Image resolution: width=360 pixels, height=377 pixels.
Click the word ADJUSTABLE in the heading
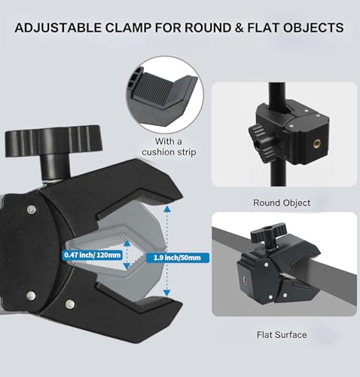tap(58, 28)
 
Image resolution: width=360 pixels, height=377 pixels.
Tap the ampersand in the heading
tap(239, 28)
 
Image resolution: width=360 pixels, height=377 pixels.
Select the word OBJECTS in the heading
tap(313, 28)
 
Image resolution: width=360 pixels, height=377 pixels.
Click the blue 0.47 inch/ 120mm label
tap(93, 255)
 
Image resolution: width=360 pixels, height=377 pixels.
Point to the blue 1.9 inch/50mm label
tap(177, 258)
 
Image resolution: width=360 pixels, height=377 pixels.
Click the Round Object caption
tap(282, 203)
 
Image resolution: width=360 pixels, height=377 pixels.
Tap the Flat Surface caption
tap(282, 335)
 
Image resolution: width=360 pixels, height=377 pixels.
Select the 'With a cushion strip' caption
tap(169, 147)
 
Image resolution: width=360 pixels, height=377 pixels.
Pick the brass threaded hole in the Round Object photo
tap(316, 144)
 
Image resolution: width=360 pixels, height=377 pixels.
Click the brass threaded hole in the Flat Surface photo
tap(244, 280)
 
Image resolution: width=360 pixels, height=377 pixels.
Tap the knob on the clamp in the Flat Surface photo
tap(269, 232)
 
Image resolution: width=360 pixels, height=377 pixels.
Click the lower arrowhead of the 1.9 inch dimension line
tap(166, 293)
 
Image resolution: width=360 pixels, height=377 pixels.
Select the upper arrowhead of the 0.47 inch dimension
tap(127, 243)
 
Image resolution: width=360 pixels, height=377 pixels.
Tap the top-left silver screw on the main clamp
tap(31, 209)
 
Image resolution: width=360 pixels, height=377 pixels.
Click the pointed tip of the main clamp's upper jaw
tap(182, 194)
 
